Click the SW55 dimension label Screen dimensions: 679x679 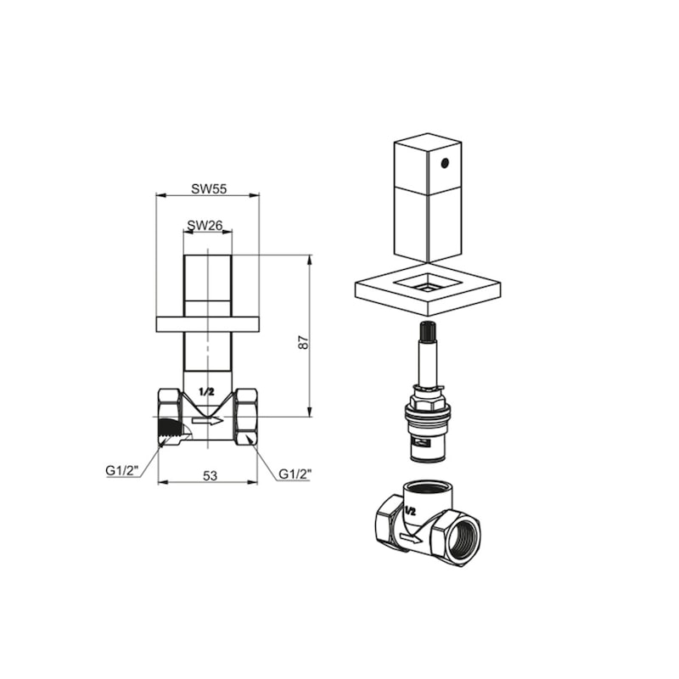(x=209, y=188)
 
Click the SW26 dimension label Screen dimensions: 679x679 (x=205, y=225)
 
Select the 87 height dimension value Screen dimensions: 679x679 (x=304, y=342)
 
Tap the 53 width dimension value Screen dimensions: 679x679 (x=210, y=475)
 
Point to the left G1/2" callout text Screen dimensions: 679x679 (x=121, y=470)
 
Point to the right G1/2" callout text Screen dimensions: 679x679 (x=295, y=474)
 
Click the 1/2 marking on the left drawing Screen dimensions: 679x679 (x=206, y=392)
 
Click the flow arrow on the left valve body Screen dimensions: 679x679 (x=208, y=420)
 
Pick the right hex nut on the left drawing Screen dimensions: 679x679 (x=246, y=417)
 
